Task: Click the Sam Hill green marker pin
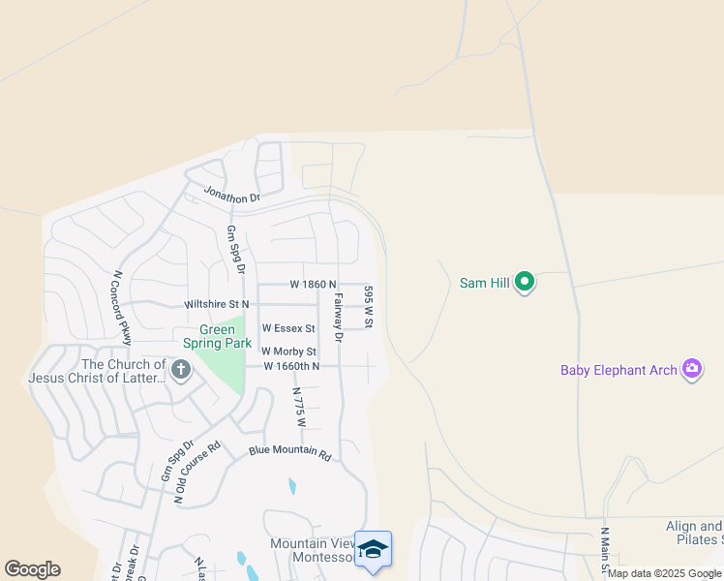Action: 525,283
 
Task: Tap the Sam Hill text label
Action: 485,284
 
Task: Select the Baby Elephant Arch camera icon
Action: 691,369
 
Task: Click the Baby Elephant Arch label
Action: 618,370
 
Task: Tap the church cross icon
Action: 180,369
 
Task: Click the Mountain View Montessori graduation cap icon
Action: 373,549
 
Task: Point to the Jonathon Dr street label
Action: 232,196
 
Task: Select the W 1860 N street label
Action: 313,285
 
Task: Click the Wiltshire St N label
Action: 216,304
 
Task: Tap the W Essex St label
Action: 288,329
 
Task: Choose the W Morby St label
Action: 288,352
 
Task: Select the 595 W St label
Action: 368,305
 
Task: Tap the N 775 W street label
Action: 300,407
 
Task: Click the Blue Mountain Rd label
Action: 290,452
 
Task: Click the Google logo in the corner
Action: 32,569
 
